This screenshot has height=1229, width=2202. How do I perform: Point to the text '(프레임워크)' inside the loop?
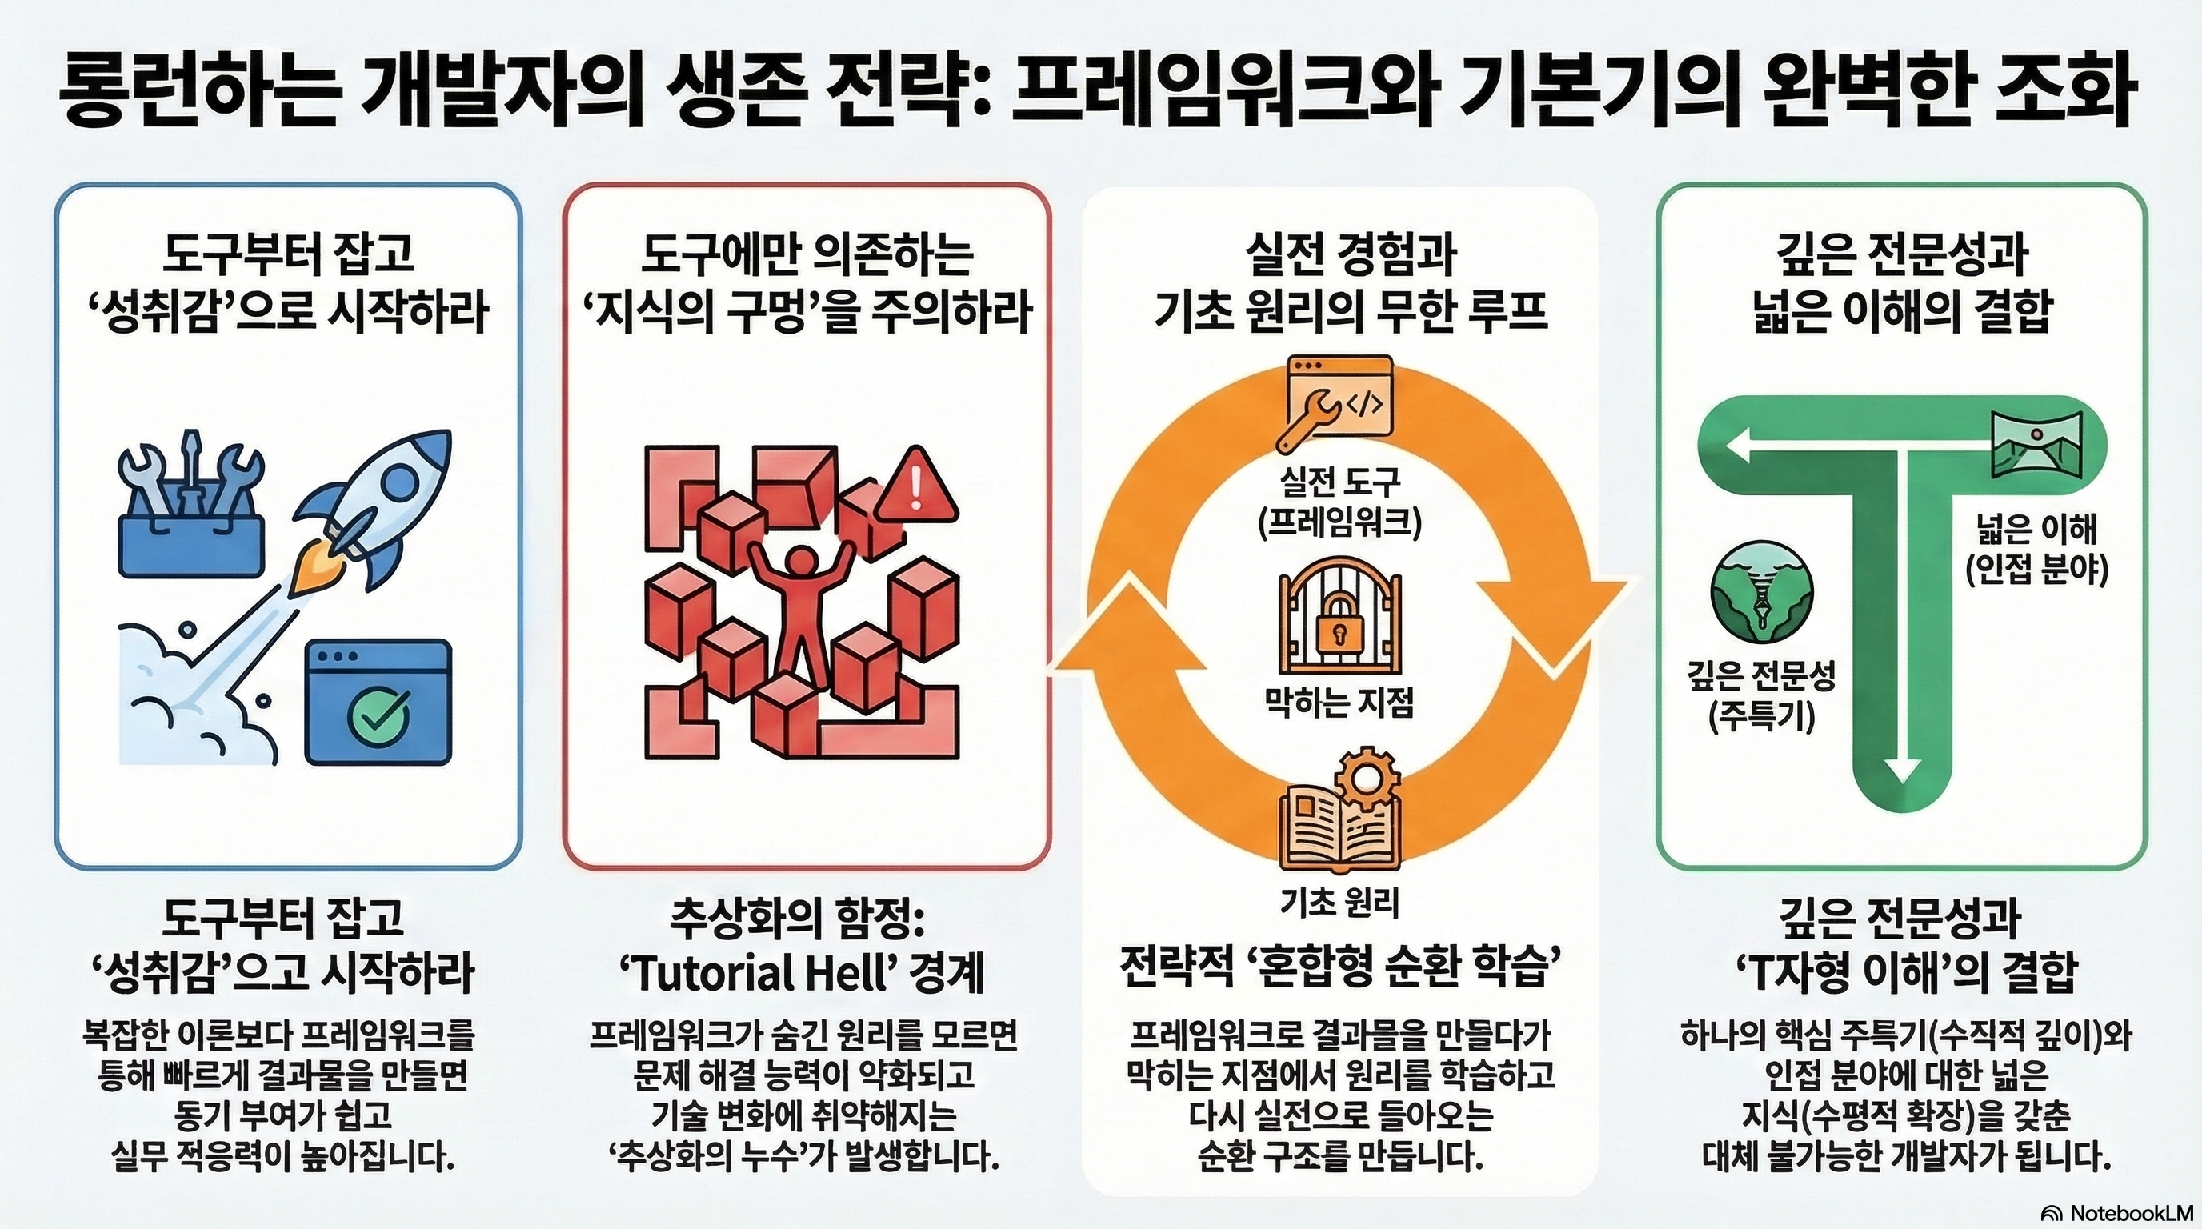1339,524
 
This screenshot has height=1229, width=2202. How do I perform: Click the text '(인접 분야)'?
2035,571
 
